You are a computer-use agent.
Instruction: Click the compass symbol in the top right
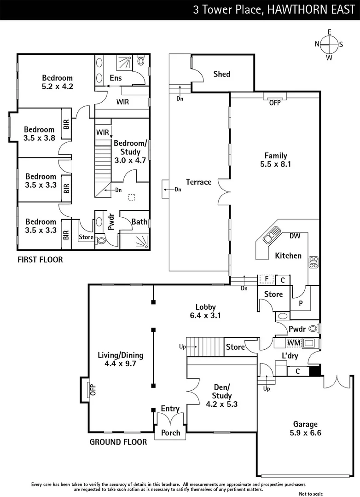329,44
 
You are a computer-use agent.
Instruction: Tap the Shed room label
221,74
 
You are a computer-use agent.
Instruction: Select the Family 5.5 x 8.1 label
275,160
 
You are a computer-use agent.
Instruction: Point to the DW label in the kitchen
295,236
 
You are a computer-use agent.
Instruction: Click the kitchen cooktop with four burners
314,262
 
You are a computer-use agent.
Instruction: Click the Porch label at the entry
170,433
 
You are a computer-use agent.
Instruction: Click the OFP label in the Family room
274,103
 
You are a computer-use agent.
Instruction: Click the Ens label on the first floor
116,78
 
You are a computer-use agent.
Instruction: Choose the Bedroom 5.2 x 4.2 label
58,82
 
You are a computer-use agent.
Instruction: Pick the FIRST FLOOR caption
40,260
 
